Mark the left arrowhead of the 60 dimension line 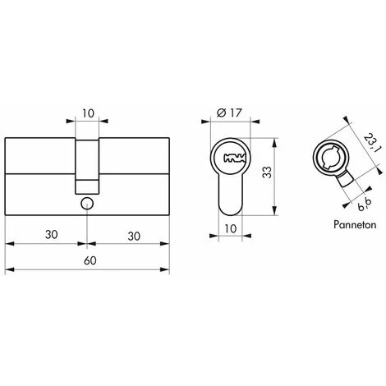click(x=8, y=270)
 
